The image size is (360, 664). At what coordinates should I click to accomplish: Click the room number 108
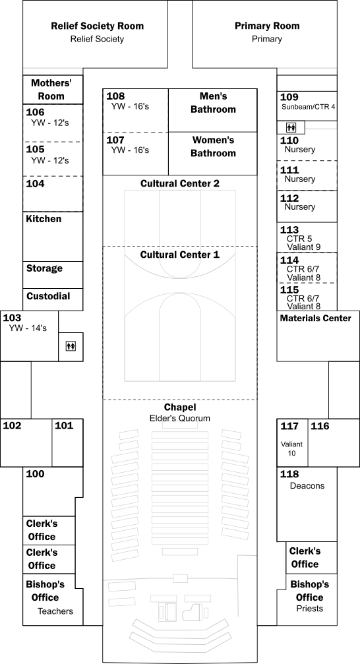coord(115,96)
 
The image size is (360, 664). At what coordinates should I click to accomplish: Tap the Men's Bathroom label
coord(213,103)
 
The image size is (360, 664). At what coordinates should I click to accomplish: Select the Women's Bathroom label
coord(213,146)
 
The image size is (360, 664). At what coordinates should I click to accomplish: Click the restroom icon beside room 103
coord(71,346)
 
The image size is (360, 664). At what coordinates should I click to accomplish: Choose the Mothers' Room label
coord(51,90)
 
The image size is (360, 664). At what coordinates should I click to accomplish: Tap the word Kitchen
coord(44,219)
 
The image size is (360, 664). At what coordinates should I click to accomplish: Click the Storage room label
coord(44,268)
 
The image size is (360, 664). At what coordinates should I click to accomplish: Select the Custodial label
coord(48,296)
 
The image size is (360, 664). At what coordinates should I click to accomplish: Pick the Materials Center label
coord(316,318)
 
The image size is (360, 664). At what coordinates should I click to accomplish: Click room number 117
coord(289,426)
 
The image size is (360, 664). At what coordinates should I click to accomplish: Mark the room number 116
coord(320,426)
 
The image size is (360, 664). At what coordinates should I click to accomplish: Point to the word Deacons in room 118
coord(307,486)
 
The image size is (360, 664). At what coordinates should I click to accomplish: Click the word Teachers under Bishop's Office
coord(55,611)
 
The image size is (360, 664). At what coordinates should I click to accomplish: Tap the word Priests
coord(310,609)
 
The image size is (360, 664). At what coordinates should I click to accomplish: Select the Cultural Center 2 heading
coord(180,184)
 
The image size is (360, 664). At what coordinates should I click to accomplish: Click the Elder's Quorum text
coord(180,419)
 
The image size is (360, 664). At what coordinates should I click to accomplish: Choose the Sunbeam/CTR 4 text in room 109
coord(309,107)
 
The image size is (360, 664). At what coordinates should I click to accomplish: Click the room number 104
coord(35,184)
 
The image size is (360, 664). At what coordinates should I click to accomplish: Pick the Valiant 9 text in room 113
coord(305,247)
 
